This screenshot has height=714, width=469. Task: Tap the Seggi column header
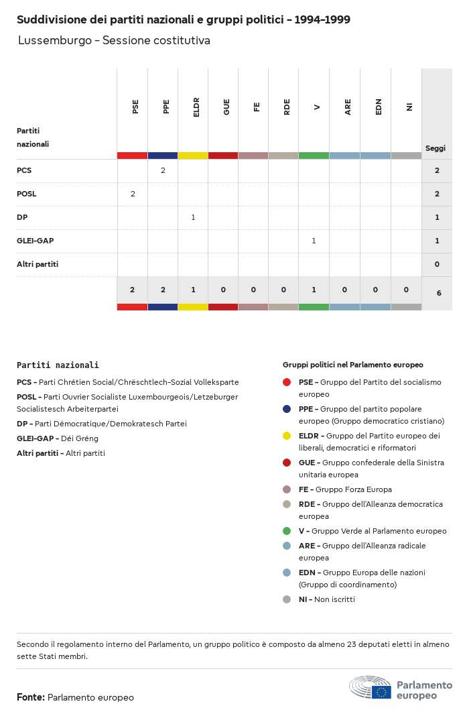point(435,148)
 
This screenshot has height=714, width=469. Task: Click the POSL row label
point(27,194)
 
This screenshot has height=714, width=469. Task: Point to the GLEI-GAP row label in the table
point(35,241)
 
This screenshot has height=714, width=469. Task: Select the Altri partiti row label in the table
point(38,264)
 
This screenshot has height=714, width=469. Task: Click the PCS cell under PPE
point(163,170)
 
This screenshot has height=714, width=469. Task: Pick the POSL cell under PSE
point(133,194)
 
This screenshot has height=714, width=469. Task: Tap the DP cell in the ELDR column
point(193,217)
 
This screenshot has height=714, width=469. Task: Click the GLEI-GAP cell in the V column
point(314,241)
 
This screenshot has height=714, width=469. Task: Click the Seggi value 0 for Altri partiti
point(437,264)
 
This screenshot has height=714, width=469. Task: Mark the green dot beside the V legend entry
point(287,531)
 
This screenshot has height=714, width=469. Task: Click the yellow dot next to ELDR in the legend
point(287,436)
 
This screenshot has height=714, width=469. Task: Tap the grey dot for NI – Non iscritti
point(287,599)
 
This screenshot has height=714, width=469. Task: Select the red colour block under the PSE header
point(132,156)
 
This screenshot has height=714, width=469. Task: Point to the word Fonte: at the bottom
point(31,697)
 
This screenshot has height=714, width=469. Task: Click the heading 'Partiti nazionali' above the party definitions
point(58,365)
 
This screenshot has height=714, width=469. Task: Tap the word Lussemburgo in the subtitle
point(55,40)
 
